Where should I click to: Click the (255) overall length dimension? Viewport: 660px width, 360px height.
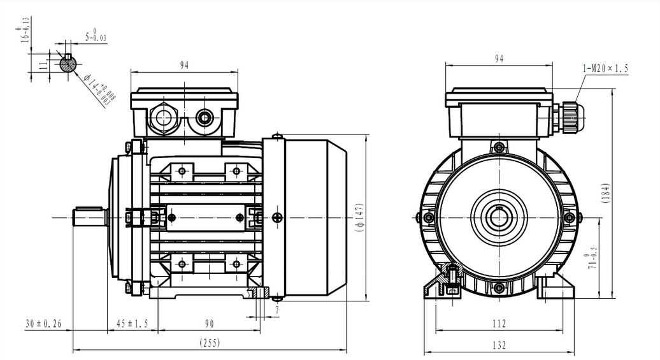pyautogui.click(x=210, y=343)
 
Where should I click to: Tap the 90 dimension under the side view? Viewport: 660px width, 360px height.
pyautogui.click(x=209, y=324)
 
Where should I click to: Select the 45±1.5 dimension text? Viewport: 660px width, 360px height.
pyautogui.click(x=131, y=324)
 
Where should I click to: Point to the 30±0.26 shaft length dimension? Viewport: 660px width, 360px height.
pyautogui.click(x=43, y=324)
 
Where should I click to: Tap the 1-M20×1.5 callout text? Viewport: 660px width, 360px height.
pyautogui.click(x=605, y=68)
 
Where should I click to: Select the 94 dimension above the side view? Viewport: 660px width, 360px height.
pyautogui.click(x=185, y=64)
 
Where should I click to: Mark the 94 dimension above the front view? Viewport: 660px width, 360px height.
pyautogui.click(x=499, y=59)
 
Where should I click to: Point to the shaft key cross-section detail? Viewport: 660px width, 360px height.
pyautogui.click(x=68, y=63)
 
